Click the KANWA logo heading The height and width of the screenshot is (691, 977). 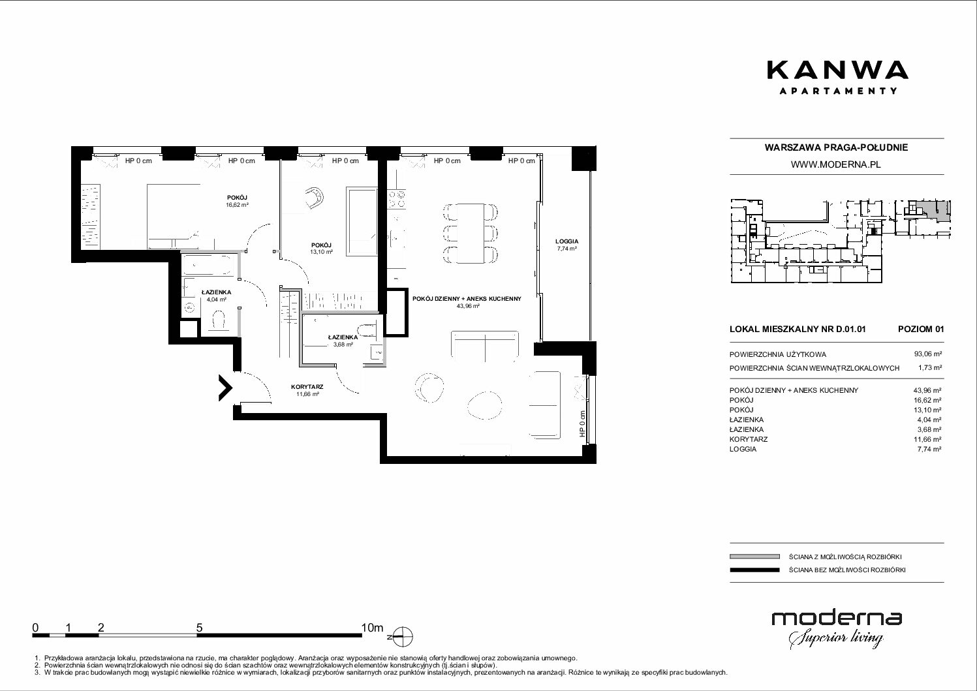point(837,70)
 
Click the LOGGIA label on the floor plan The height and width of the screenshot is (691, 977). point(566,241)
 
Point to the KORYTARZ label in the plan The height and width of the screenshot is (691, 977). point(307,387)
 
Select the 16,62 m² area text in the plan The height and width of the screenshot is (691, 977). point(238,204)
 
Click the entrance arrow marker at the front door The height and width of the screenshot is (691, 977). point(225,388)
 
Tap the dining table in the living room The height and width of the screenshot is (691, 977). point(470,233)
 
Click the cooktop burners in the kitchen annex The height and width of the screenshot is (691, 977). point(396,199)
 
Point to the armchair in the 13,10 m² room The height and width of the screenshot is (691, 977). point(315,198)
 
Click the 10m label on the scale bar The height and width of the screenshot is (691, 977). point(372,628)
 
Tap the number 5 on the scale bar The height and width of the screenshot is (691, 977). point(199,628)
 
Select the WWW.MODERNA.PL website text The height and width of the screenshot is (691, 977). point(835,165)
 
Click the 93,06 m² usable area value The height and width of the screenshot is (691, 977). point(928,354)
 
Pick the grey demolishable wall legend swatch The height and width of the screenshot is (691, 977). point(754,557)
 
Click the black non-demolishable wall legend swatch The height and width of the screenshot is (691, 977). point(754,570)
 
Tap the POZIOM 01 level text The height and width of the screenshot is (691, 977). point(921,329)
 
